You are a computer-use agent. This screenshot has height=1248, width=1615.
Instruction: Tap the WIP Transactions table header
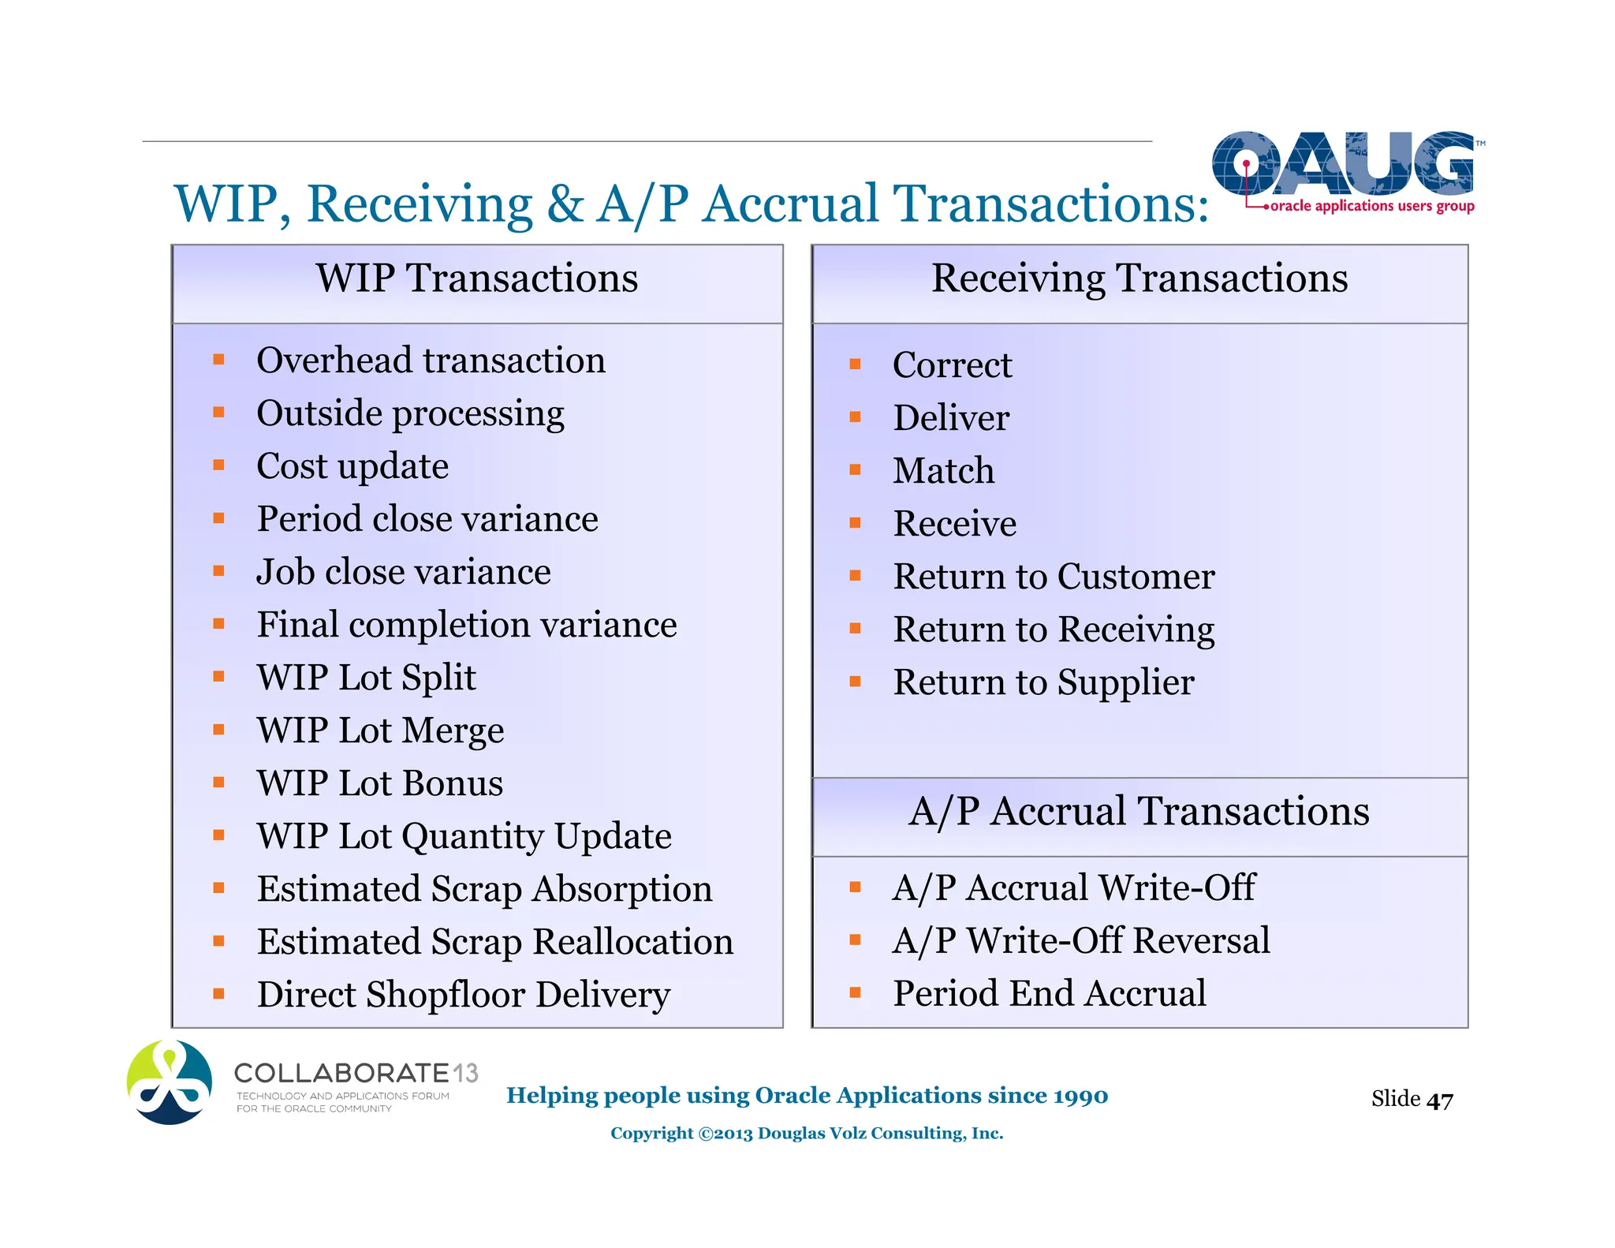(x=476, y=278)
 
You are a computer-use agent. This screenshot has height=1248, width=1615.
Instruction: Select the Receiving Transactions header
(x=1139, y=278)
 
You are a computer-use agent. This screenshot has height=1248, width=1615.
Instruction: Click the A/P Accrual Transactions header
(x=1139, y=812)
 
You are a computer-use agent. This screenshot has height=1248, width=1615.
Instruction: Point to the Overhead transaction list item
(x=431, y=361)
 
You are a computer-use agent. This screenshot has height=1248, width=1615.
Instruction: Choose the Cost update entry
(x=352, y=466)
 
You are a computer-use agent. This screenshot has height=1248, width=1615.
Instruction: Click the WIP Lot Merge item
(x=380, y=730)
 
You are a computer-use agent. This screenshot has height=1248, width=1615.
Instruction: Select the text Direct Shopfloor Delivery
(x=464, y=995)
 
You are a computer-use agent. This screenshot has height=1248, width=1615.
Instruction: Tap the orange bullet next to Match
(x=855, y=470)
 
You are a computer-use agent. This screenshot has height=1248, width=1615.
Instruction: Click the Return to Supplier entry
(x=1042, y=682)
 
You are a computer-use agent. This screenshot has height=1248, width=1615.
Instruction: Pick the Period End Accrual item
(x=1049, y=993)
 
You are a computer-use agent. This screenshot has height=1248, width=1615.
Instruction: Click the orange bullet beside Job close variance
(x=219, y=571)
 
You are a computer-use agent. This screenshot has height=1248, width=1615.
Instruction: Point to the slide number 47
(x=1439, y=1100)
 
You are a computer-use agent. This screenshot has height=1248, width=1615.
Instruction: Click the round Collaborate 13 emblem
(x=170, y=1082)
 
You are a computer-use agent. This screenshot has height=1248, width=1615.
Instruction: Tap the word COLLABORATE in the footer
(x=341, y=1074)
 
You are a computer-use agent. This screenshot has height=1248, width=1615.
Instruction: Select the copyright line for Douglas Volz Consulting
(x=806, y=1134)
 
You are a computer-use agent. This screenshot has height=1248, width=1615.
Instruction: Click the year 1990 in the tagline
(x=1080, y=1096)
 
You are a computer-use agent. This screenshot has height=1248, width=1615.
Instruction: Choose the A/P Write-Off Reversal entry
(x=1080, y=940)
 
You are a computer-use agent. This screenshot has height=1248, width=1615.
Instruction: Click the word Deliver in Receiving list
(x=950, y=418)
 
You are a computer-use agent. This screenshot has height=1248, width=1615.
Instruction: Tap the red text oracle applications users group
(x=1371, y=206)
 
